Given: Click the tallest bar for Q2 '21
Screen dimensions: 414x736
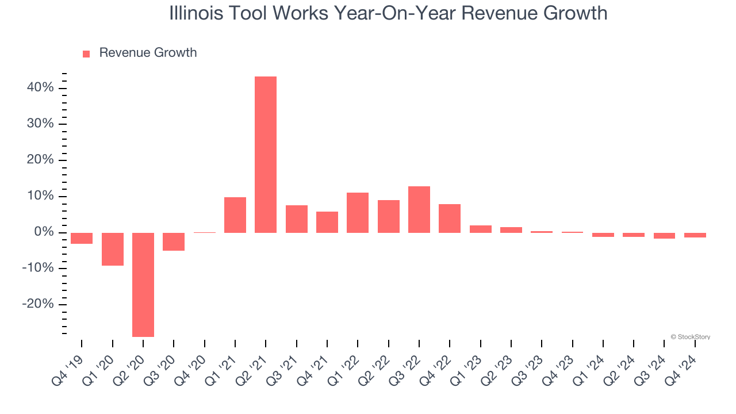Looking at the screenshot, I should coord(266,154).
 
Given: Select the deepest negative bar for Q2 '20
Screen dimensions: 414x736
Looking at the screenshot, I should coord(143,285).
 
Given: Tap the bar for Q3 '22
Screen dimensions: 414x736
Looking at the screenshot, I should coord(419,209).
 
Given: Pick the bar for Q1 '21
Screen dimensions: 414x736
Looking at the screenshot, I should coord(235,215).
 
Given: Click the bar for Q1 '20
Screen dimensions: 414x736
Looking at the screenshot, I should coord(113,249).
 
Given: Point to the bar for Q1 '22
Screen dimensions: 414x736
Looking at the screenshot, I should coord(358,213).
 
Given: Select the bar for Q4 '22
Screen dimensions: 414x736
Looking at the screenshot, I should coord(450,218).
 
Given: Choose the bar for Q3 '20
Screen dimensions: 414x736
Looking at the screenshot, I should coord(174,241).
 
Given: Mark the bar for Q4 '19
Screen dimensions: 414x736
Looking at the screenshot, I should coord(82,238).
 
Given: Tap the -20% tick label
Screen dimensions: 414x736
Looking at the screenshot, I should coord(38,304).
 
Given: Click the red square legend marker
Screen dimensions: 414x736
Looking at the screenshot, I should coord(86,53).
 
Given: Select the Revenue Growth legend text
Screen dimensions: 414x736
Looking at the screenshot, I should coord(148,53).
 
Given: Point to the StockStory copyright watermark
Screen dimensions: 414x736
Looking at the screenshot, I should coord(690,337).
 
